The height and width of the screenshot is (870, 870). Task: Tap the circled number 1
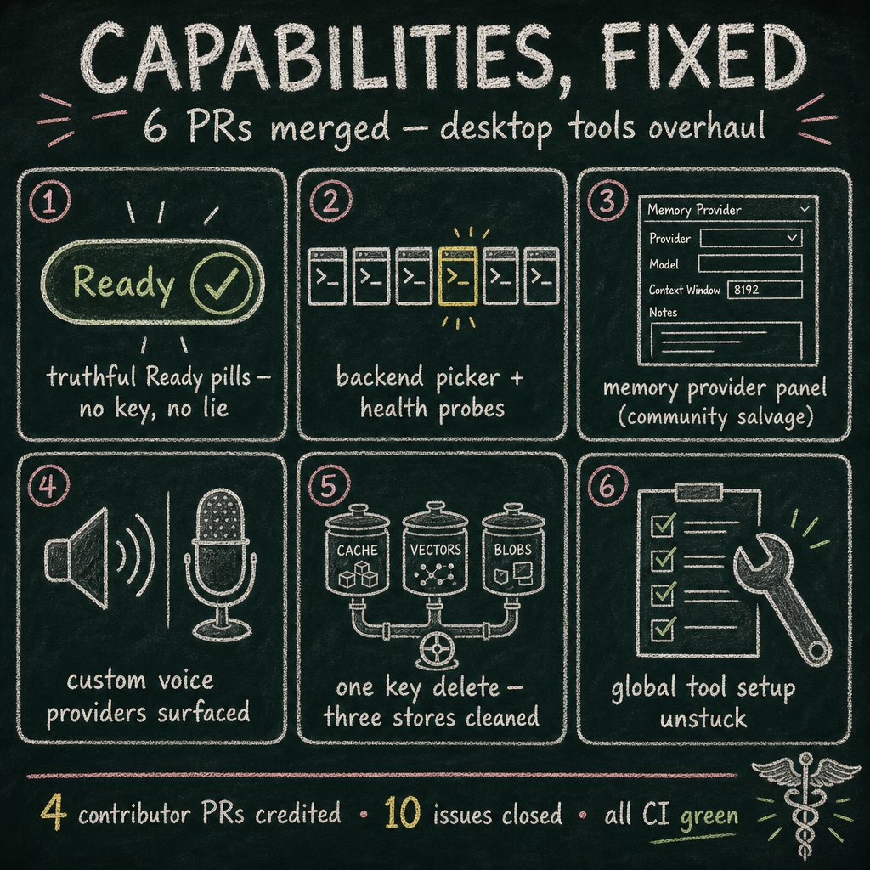(49, 201)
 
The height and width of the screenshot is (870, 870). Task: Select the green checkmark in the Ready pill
(222, 282)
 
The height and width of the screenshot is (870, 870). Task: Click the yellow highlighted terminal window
(458, 276)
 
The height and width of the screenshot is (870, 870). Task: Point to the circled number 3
(607, 201)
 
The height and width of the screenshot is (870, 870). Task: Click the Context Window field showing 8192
(765, 289)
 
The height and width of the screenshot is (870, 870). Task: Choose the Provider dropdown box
(751, 238)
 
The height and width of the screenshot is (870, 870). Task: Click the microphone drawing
(220, 564)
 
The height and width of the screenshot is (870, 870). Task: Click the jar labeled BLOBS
(512, 550)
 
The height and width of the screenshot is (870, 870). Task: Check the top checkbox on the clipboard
(663, 523)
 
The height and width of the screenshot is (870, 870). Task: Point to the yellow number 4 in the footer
(54, 811)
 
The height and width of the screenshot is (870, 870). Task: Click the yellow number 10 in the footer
(402, 812)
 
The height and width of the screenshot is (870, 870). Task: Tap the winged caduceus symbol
(805, 805)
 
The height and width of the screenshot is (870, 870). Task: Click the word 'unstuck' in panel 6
(703, 719)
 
